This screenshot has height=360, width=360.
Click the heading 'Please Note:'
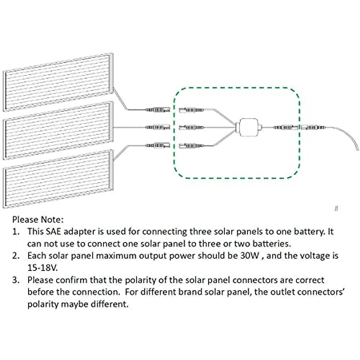pyautogui.click(x=38, y=220)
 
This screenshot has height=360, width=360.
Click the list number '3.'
pyautogui.click(x=16, y=280)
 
